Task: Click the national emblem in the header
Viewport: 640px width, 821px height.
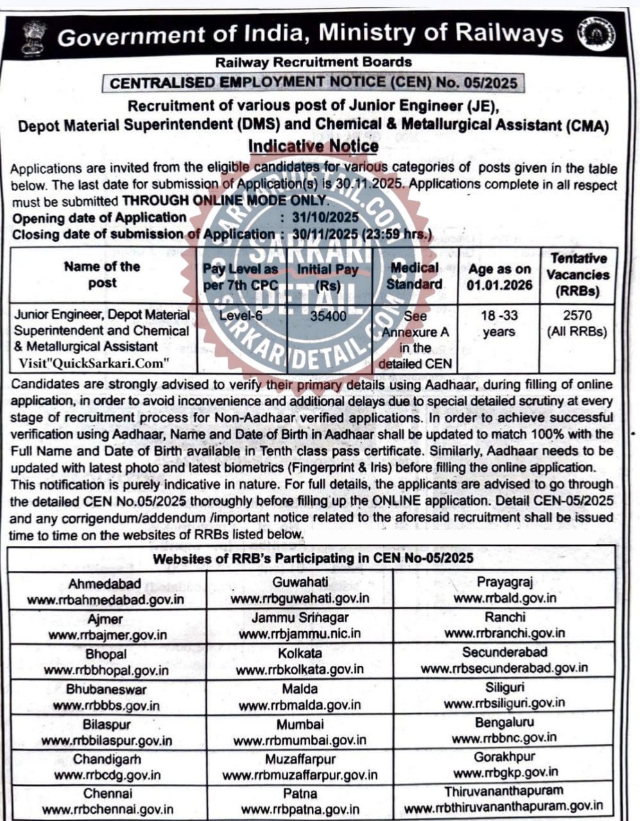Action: point(33,37)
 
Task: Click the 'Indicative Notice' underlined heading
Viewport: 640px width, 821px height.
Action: point(313,146)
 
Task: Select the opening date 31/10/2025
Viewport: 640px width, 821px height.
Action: point(325,217)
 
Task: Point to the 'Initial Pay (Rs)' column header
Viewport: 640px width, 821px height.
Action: point(327,276)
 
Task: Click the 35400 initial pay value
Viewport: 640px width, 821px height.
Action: point(328,316)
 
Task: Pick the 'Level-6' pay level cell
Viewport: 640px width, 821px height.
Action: point(241,316)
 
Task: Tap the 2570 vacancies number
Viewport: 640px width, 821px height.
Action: point(576,316)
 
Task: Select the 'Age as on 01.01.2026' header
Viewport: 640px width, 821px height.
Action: point(499,276)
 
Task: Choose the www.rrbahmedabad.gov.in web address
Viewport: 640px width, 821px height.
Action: point(105,600)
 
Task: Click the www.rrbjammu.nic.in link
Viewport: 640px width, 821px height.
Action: point(300,634)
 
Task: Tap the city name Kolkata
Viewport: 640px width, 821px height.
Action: point(300,653)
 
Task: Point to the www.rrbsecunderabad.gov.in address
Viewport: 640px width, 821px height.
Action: point(505,668)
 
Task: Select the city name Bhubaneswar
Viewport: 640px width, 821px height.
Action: point(106,690)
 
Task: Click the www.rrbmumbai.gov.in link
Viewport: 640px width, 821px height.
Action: point(300,740)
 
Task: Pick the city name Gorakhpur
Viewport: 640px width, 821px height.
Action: point(505,757)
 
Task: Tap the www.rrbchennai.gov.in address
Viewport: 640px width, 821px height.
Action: point(107,809)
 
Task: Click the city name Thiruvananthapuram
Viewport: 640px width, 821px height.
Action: point(504,791)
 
